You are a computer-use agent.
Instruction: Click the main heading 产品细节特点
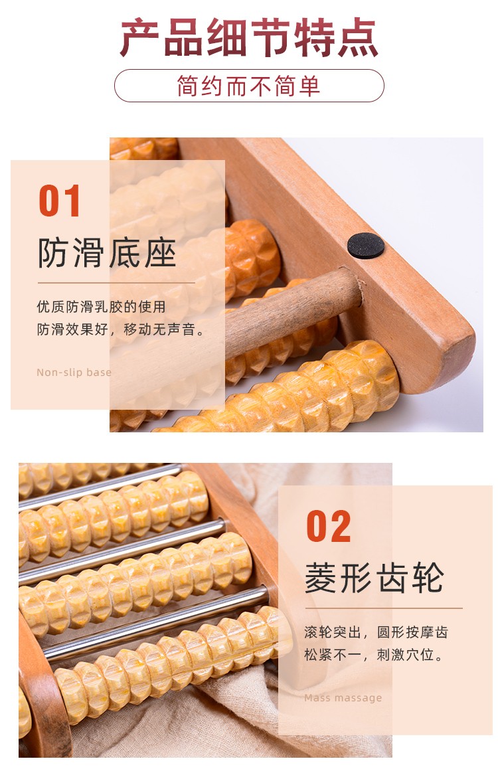249,38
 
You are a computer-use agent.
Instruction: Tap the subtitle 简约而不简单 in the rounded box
249,86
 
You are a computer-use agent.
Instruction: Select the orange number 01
60,201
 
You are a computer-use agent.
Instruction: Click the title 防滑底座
107,253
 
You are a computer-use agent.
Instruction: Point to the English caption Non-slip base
74,372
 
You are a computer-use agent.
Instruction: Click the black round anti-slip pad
366,245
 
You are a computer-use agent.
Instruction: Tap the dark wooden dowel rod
292,307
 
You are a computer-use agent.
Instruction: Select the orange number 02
329,526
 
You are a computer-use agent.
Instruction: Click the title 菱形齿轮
374,578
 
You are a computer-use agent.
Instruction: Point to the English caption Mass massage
343,698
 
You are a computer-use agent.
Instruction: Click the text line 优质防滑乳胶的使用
101,307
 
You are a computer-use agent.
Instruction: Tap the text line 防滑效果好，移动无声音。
121,329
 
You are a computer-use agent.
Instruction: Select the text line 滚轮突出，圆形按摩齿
376,632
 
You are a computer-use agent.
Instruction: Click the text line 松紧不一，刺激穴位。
374,655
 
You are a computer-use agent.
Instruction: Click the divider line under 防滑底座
116,282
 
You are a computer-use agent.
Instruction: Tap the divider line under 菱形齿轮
384,608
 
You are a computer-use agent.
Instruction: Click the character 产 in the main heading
139,38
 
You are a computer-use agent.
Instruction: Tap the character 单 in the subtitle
309,86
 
